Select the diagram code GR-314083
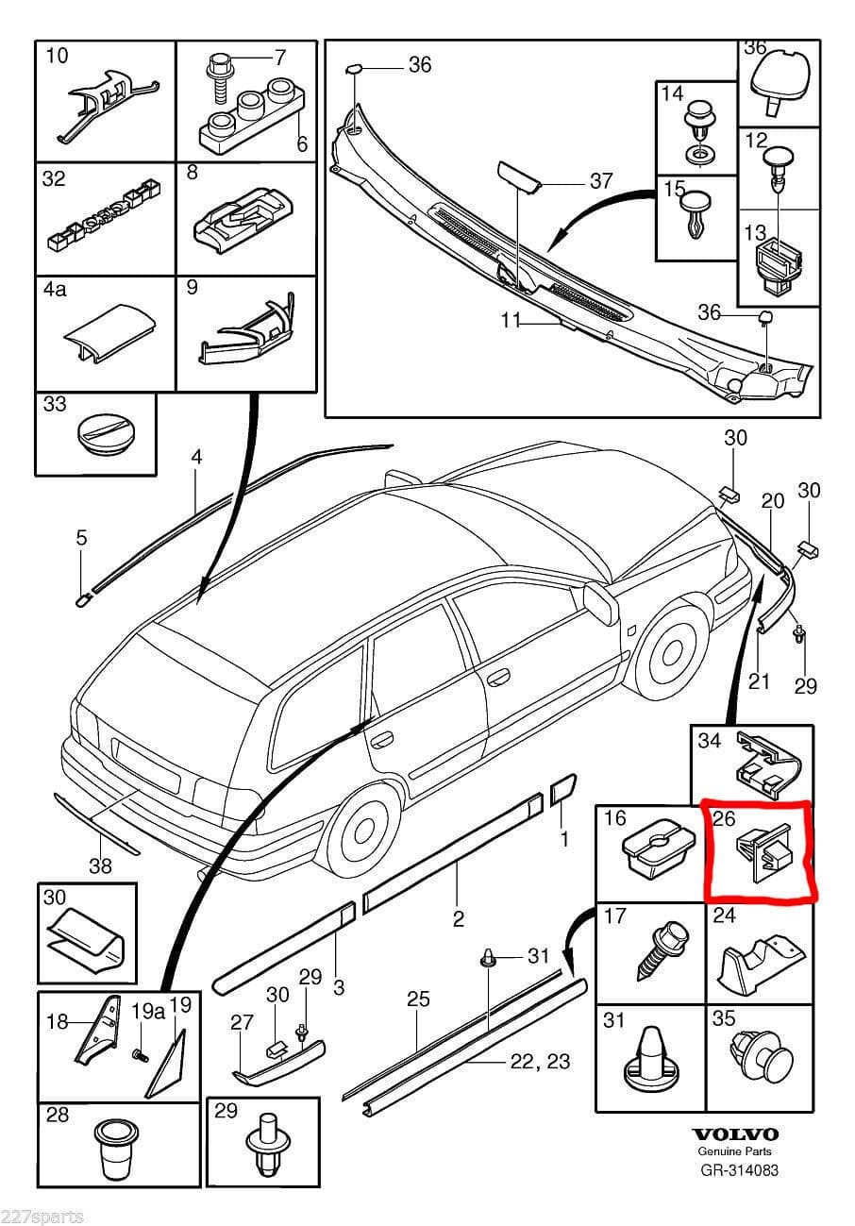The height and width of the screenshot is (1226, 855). (739, 1170)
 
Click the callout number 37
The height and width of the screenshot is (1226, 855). (600, 181)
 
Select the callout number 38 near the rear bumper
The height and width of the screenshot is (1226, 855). (99, 865)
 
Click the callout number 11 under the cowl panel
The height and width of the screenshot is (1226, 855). (511, 321)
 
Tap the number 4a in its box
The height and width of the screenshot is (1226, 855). (55, 290)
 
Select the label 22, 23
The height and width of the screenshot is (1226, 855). (540, 1061)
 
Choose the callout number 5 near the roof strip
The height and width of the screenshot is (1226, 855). (81, 538)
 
